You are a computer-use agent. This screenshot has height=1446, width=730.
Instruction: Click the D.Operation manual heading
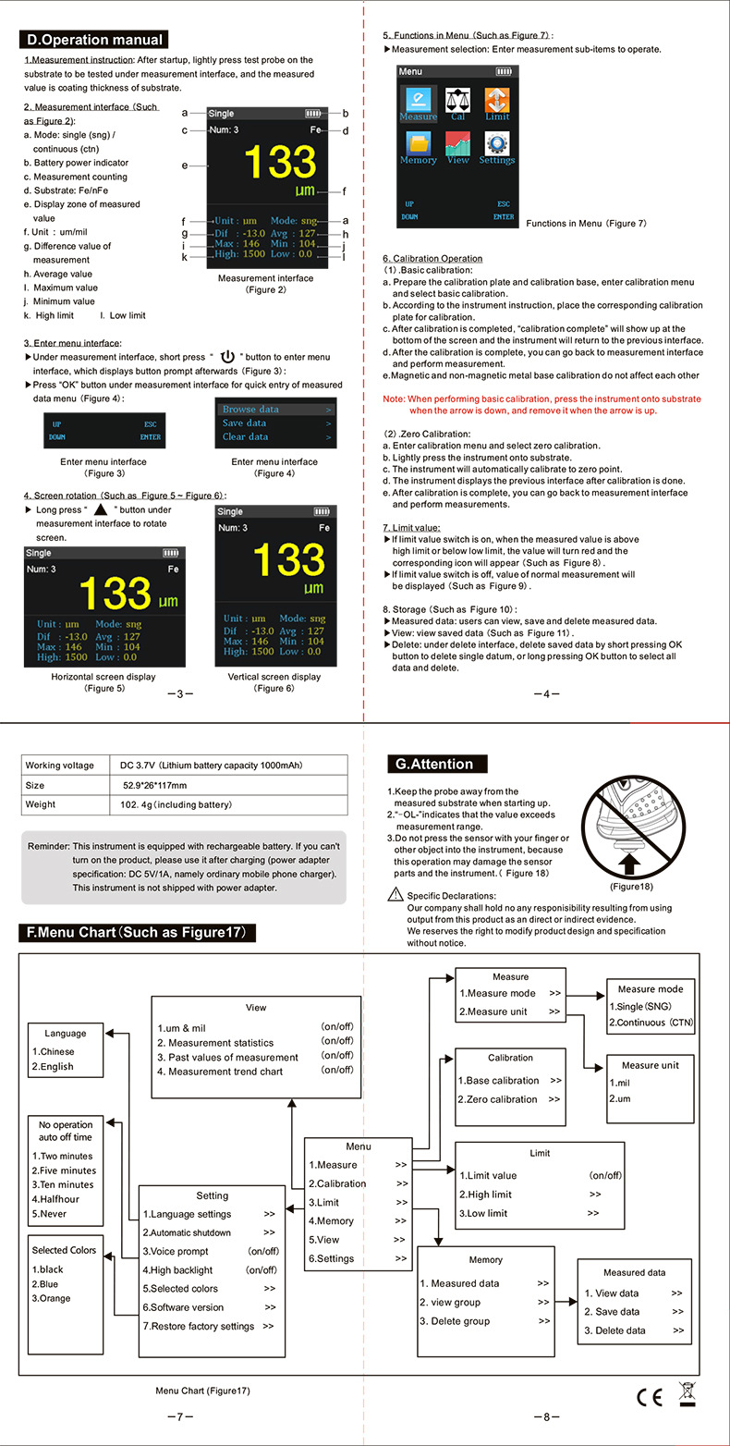(94, 40)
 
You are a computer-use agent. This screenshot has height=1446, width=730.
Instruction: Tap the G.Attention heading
(434, 764)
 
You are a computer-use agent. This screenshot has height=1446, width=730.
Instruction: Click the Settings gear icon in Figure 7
(497, 144)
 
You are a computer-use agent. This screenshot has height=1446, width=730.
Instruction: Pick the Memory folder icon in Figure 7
(419, 144)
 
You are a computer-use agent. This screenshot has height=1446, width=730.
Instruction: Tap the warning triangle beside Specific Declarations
(395, 894)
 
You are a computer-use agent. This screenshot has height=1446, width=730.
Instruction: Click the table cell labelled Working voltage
(60, 766)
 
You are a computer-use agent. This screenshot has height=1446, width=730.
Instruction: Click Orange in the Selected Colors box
(55, 1298)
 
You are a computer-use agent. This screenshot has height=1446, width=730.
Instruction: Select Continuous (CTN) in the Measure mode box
(651, 1023)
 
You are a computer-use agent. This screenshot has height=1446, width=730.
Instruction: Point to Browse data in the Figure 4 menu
(250, 410)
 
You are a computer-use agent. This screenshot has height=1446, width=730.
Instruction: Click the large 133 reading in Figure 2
(280, 163)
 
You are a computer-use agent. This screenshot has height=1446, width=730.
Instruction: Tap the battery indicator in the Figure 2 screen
(314, 114)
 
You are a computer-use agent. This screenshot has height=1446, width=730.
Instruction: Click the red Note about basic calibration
(541, 404)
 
